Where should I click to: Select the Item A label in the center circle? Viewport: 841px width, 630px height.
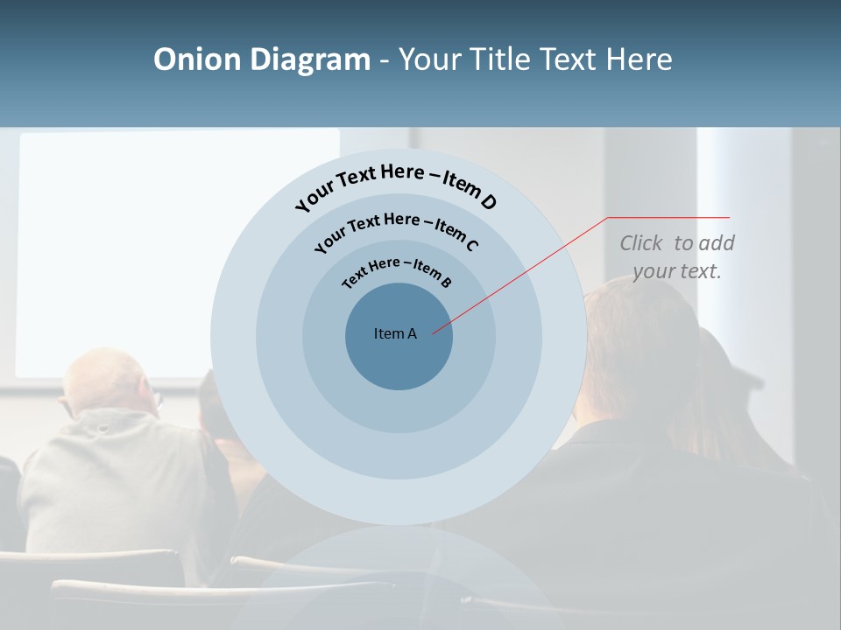(395, 333)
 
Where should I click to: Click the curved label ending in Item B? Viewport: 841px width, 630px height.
(397, 270)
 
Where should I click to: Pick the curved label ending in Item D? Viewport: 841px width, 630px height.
(396, 185)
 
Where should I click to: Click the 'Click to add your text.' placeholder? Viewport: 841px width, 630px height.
(676, 257)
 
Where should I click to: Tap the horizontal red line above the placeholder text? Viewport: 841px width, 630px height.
(668, 217)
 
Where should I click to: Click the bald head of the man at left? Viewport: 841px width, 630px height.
(110, 381)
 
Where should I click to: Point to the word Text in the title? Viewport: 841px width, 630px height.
(569, 59)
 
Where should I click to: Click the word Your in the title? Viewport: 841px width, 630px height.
(431, 59)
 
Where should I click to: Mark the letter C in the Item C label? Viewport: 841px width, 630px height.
(472, 245)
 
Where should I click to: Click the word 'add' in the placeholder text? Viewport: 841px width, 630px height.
(717, 243)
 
